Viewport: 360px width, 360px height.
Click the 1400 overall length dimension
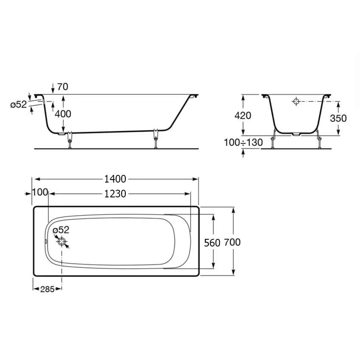coord(116,179)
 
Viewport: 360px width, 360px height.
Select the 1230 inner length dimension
coord(116,194)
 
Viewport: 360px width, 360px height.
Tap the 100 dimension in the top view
coord(40,193)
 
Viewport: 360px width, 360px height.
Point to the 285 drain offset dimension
coord(47,289)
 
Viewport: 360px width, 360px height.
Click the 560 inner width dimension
coord(212,243)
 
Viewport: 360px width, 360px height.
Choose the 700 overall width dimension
coord(233,242)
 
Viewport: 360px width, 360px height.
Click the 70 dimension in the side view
coord(62,87)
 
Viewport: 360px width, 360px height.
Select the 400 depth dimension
coord(63,114)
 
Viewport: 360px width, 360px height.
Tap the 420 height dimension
coord(243,116)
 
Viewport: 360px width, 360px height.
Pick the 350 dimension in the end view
coord(338,118)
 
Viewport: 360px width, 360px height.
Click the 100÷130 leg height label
coord(243,143)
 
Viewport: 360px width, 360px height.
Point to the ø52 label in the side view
coord(19,105)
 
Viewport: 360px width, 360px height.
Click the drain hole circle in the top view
coord(62,242)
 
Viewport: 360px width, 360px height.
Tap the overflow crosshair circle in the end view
coord(296,102)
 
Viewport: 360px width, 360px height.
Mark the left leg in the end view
coord(274,140)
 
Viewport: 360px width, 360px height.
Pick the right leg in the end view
coord(318,140)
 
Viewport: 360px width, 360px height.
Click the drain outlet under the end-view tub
coord(296,135)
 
